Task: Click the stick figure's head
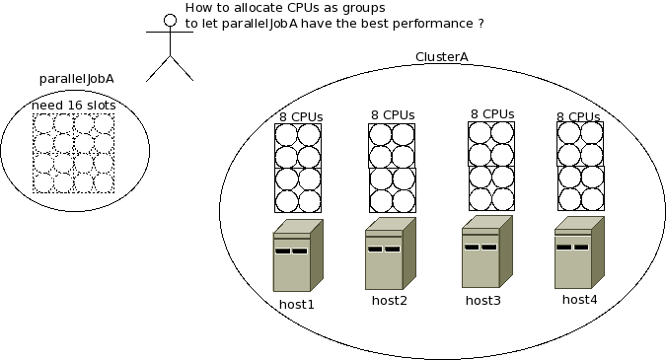point(169,17)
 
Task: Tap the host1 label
point(297,305)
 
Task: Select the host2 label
point(390,301)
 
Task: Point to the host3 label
point(483,300)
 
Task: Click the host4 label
point(580,299)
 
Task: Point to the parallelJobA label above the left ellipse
point(76,79)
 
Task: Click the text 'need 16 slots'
point(74,106)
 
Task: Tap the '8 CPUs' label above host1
point(301,116)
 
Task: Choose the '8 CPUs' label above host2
point(393,115)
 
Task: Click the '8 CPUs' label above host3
point(492,113)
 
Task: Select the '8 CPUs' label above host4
point(579,116)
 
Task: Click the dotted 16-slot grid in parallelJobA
point(74,153)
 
